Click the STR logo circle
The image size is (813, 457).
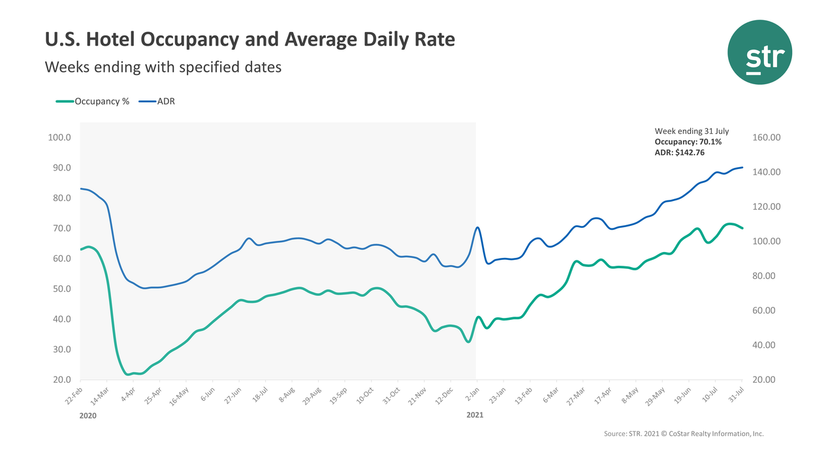point(760,52)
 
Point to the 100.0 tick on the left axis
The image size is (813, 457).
point(60,138)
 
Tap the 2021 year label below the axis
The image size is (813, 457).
point(476,415)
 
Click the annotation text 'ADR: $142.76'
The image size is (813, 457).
point(679,152)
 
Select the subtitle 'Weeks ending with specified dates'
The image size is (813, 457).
point(163,67)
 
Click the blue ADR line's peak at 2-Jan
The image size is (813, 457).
point(477,227)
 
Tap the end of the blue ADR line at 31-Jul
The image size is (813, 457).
point(742,168)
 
